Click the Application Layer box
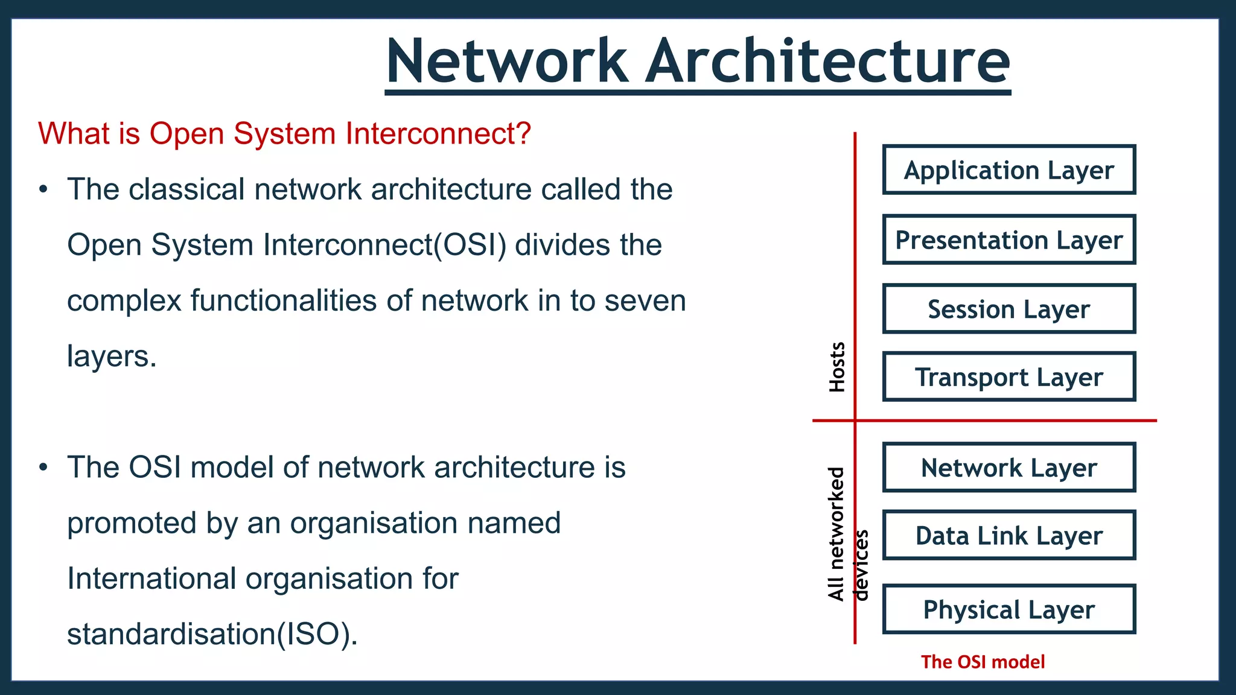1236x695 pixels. coord(1008,170)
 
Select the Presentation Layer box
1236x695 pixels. coord(1008,240)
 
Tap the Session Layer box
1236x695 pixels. coord(1008,308)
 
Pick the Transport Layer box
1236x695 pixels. coord(1008,376)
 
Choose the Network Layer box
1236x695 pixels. coord(1008,468)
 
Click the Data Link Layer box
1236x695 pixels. coord(1008,535)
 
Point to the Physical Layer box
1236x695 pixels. coord(1008,609)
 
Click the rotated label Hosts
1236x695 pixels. coord(836,367)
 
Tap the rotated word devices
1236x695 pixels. coord(861,565)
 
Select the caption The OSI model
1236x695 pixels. coord(983,662)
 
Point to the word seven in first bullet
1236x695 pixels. coord(645,300)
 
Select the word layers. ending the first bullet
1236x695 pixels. coord(112,356)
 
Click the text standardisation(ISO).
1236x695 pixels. coord(212,634)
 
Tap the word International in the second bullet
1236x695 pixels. coord(151,579)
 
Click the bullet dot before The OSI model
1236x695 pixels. coord(43,468)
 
